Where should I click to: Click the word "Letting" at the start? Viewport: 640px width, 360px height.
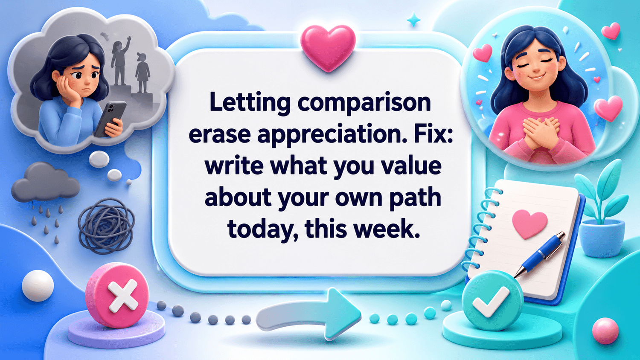[250, 103]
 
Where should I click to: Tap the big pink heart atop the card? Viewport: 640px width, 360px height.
[328, 48]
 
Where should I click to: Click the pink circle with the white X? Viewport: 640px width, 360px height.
[117, 295]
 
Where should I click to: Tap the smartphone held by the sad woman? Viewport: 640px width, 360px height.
[111, 119]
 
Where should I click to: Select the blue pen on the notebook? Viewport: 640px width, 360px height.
[539, 255]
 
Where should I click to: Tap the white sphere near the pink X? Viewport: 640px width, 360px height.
[38, 286]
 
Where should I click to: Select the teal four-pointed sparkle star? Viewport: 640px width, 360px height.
[413, 20]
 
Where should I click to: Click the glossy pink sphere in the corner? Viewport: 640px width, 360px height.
[605, 331]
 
